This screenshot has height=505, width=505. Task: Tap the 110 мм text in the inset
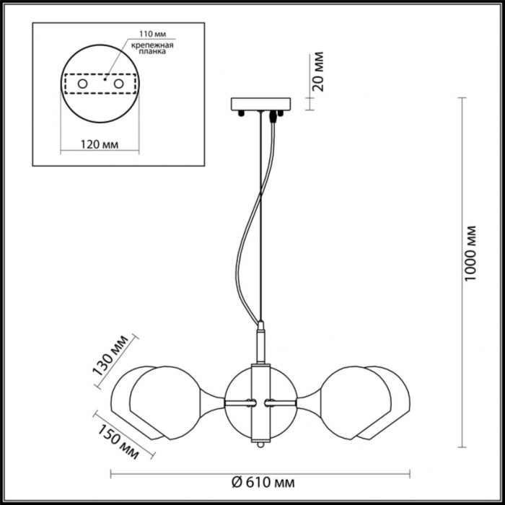click(x=151, y=35)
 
